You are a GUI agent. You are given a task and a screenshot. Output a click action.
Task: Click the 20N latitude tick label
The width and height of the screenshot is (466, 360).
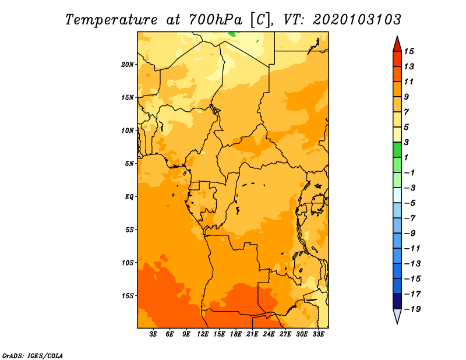128,65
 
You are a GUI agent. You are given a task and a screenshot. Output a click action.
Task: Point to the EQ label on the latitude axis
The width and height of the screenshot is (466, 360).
129,197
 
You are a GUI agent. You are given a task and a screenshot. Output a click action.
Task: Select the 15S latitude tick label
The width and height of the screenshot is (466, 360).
128,296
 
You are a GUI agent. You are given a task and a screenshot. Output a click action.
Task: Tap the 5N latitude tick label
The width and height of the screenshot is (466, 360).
129,164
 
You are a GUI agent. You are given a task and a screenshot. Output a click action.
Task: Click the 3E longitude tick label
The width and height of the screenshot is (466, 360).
153,334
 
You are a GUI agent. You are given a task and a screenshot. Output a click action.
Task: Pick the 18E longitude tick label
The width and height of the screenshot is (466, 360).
236,334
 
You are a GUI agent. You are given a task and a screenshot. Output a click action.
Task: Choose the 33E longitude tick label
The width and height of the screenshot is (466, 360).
318,334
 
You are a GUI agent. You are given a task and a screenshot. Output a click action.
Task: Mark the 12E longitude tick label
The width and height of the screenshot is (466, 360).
203,334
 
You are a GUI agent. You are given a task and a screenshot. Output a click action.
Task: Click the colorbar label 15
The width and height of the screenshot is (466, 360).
409,51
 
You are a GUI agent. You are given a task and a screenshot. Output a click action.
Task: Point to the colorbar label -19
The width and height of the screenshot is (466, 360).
412,309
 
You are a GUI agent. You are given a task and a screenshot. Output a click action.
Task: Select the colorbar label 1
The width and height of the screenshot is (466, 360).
407,157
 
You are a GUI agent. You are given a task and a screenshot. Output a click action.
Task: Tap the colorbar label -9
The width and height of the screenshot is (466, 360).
410,234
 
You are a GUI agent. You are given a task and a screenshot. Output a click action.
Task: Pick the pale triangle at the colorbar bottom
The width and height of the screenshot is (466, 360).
397,315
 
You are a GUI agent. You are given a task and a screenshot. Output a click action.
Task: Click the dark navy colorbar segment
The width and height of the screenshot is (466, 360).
397,301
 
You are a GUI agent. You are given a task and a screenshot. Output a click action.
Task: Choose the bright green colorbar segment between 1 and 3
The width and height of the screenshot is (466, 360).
397,150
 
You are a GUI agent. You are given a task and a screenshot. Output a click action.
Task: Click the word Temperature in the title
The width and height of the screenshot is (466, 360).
111,20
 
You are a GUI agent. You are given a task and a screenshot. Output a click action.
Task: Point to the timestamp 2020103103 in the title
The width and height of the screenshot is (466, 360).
357,20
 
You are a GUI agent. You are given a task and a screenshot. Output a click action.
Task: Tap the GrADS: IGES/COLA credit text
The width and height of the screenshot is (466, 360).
33,355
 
